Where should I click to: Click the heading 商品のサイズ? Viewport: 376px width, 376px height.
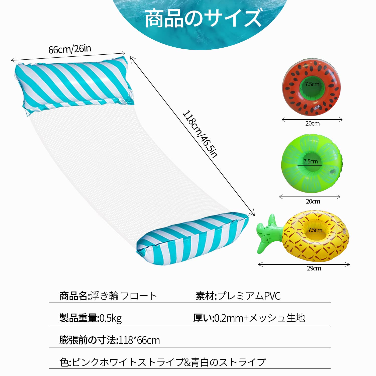(x=203, y=18)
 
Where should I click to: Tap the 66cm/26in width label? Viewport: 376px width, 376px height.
(x=70, y=49)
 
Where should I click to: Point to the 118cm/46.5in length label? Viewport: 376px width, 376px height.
(x=200, y=134)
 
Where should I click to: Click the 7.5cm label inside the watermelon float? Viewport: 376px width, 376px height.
(x=312, y=84)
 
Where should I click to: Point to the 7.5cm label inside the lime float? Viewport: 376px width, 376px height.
(x=311, y=161)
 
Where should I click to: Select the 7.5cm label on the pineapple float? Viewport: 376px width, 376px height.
(x=315, y=230)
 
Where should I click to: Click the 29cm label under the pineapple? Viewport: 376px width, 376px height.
(x=314, y=268)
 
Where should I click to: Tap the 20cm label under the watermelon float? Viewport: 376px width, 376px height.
(x=312, y=124)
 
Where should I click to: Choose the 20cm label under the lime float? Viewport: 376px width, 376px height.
(x=313, y=202)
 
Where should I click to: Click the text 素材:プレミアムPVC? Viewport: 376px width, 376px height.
(x=238, y=296)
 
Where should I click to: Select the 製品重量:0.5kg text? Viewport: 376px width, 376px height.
(x=90, y=318)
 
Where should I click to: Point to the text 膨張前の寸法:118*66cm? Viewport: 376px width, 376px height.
(x=110, y=340)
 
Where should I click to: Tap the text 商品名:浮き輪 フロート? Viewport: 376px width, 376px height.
(x=108, y=296)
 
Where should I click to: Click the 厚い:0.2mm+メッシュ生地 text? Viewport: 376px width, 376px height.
(x=249, y=318)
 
